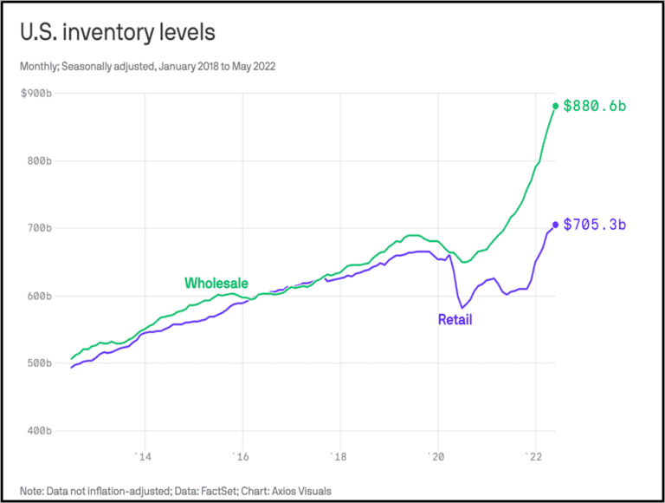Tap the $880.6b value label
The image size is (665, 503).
pos(594,106)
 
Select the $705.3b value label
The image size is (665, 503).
pos(594,225)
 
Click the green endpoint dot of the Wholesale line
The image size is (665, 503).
pos(556,106)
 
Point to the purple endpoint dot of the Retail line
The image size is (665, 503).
pos(556,225)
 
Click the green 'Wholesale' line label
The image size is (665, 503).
pos(216,284)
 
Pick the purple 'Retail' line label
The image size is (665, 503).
pos(455,320)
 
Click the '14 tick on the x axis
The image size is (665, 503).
pos(145,456)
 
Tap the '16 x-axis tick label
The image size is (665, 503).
pos(242,456)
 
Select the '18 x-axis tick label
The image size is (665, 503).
pos(340,456)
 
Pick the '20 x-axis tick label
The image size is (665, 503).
pos(438,456)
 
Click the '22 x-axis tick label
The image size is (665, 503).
pos(535,456)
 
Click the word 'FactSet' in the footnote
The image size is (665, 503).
pos(200,491)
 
